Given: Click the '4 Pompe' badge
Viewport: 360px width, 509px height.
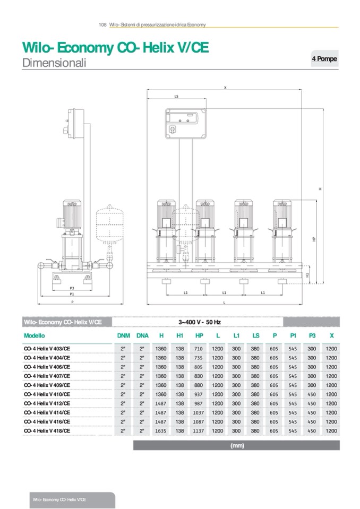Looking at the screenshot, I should coord(324,59).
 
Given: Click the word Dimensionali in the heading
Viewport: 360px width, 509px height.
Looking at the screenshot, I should coord(54,63).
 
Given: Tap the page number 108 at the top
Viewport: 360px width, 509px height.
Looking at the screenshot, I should coord(103,24).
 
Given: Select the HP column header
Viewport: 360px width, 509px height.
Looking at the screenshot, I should coord(199,335).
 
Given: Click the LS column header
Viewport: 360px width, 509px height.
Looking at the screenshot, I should coord(255,335).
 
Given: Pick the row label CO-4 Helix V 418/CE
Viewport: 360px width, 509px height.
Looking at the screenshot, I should coord(47,431).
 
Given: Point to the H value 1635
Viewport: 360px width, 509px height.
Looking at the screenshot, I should coord(161,431).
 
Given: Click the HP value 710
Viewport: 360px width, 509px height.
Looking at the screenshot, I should coord(199,348).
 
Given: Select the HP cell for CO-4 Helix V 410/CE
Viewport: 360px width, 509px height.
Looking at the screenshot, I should coord(199,394).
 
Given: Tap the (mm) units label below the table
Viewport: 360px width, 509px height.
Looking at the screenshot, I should coord(237,446).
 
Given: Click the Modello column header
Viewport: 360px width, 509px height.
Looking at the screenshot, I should coord(35,335).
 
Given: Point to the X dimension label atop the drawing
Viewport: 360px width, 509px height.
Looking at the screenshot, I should coord(225,88).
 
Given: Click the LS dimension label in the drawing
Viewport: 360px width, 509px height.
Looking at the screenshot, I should coord(176,97).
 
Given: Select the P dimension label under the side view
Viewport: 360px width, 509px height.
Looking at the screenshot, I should coord(72,301).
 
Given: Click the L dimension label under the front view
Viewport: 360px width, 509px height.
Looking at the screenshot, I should coord(225,302).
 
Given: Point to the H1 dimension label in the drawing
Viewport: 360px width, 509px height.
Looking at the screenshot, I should coord(308,275).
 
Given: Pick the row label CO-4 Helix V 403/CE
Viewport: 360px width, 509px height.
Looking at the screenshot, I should coord(47,348).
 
